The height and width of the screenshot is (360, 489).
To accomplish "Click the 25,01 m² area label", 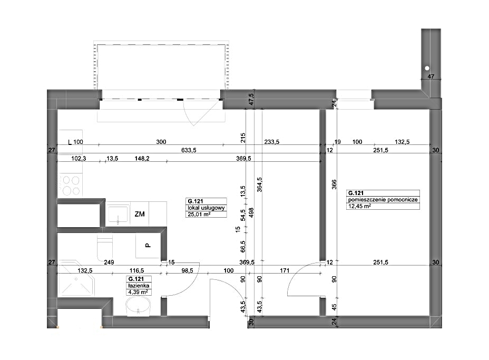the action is pos(199,215).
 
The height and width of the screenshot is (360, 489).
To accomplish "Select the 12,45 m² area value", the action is pos(359,206).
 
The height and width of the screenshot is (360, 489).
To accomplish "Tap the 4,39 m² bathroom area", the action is pos(138,292).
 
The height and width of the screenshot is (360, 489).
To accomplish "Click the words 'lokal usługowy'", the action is pos(206,208).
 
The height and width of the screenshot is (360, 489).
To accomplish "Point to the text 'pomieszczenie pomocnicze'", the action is pos(383,200).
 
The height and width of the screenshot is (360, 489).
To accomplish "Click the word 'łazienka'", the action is pos(139,286).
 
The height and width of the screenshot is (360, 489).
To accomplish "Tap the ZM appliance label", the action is pos(140,214).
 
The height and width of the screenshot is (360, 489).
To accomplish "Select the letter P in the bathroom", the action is pos(148,246).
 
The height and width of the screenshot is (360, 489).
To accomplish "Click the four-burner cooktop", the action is pos(71,186).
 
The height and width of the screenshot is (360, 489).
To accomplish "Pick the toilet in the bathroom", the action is pos(104,248).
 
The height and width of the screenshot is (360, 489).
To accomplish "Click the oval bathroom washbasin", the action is pos(138,306).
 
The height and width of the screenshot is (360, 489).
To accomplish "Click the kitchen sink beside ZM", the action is pos(118,215).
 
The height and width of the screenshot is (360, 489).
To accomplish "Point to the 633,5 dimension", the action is pos(189,150).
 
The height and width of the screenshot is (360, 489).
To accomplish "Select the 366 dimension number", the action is pos(334,184).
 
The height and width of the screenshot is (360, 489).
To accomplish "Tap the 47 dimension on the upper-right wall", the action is pos(431,76).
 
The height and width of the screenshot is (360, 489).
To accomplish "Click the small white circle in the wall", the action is pos(427,68).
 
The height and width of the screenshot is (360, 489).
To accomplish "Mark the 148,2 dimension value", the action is pos(142,159).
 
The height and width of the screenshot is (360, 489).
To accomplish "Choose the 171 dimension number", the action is pos(285,270).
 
